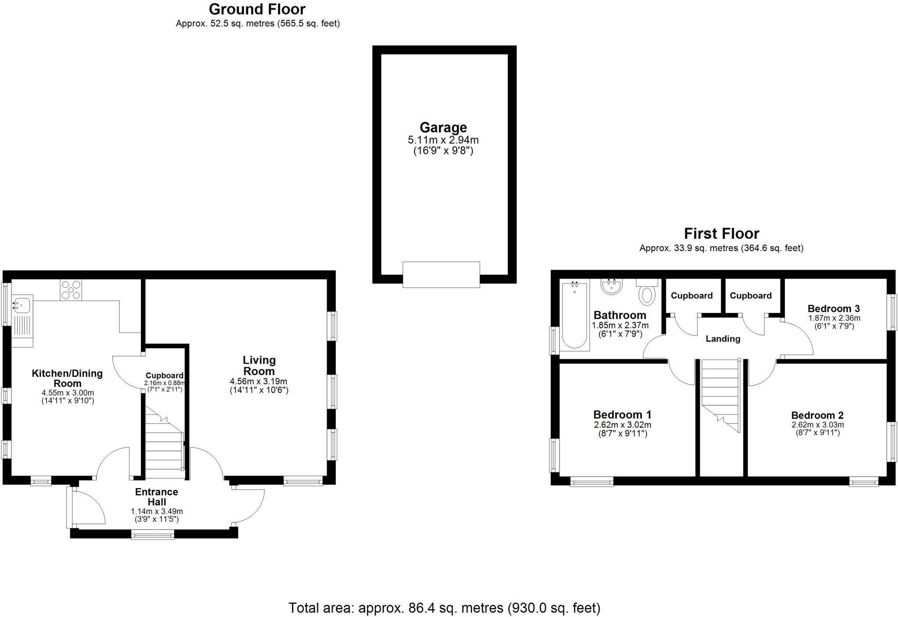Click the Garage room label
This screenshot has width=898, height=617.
[x=443, y=128]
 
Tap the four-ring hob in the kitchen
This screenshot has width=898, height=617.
[x=71, y=290]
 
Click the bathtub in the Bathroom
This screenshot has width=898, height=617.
[x=574, y=315]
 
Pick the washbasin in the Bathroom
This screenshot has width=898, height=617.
[x=612, y=287]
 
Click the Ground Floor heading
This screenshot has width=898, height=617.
[x=257, y=9]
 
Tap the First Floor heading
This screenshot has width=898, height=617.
[x=721, y=233]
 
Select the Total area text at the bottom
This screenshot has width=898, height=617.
[x=444, y=608]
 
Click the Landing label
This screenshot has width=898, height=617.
[x=723, y=339]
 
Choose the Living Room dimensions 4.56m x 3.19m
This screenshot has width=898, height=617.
[x=259, y=381]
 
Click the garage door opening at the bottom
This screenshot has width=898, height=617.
[x=441, y=274]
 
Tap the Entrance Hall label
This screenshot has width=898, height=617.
[x=157, y=497]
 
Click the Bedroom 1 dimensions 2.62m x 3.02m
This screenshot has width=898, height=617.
[x=622, y=425]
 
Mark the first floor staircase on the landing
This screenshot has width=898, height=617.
[x=720, y=394]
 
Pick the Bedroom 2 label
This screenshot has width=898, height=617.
[x=817, y=415]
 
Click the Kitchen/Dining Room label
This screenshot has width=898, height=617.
[x=67, y=378]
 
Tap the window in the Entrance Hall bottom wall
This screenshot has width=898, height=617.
[x=153, y=534]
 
